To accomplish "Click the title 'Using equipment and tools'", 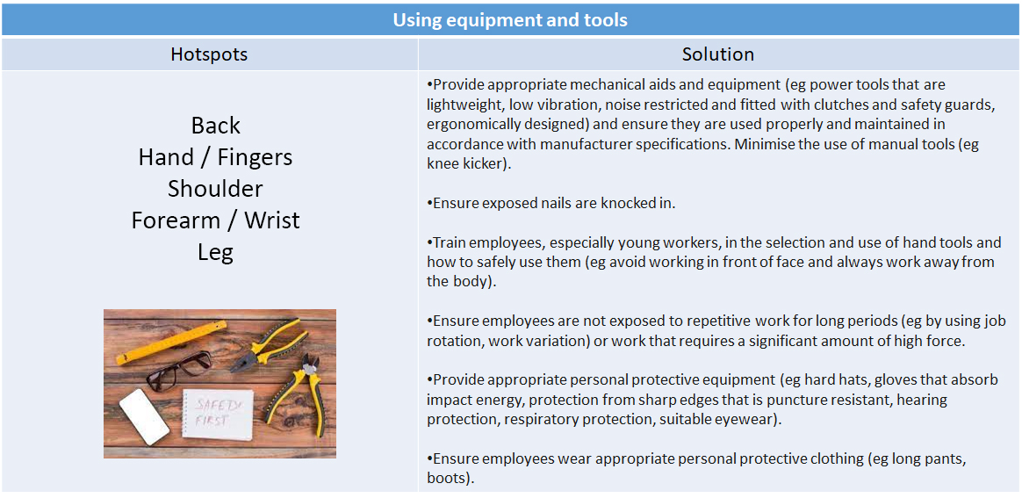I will (509, 19).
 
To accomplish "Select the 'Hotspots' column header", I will (209, 54).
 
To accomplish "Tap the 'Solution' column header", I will (717, 54).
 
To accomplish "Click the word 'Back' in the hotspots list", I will (215, 126).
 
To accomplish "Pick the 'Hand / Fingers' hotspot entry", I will (215, 157).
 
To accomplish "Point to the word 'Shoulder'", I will (215, 189).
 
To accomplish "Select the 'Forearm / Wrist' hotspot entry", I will (215, 220).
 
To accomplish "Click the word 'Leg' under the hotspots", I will (215, 252).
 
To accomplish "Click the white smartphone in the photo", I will (143, 415).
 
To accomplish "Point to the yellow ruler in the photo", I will (168, 343).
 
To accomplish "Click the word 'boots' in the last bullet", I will (449, 479).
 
